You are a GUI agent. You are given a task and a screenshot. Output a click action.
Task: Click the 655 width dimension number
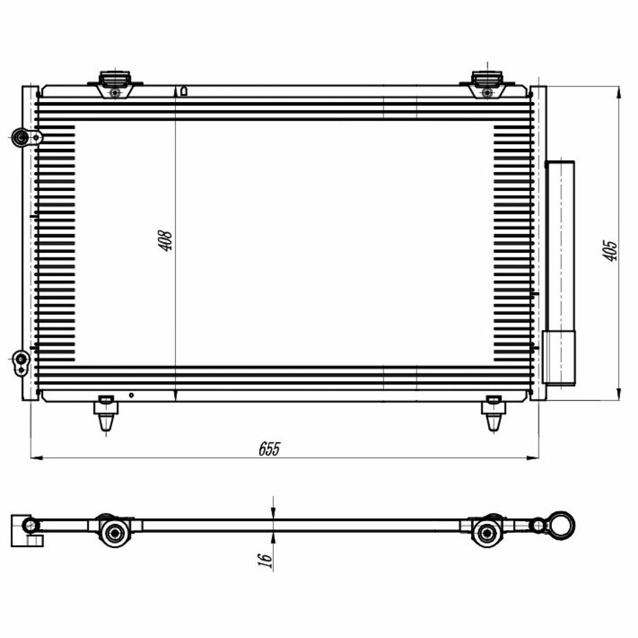[x=269, y=449]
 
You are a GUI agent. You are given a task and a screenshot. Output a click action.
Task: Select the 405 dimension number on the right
[x=609, y=250]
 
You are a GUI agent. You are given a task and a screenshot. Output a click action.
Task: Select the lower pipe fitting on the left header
[x=21, y=363]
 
